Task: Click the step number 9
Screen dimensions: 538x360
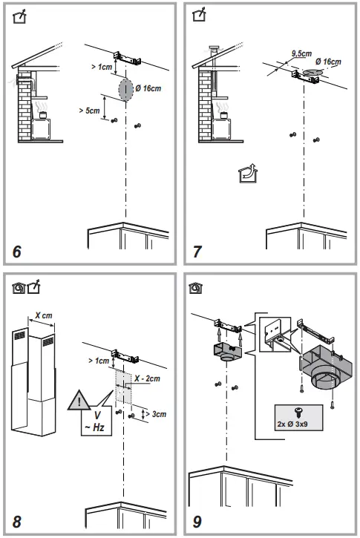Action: point(197,521)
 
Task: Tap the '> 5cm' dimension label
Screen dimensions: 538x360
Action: point(90,111)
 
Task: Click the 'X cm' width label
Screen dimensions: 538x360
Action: point(42,315)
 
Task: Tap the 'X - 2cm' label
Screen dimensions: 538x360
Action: point(148,378)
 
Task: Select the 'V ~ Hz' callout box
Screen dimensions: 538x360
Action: point(98,422)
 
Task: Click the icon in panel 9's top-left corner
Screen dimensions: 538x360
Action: point(197,286)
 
